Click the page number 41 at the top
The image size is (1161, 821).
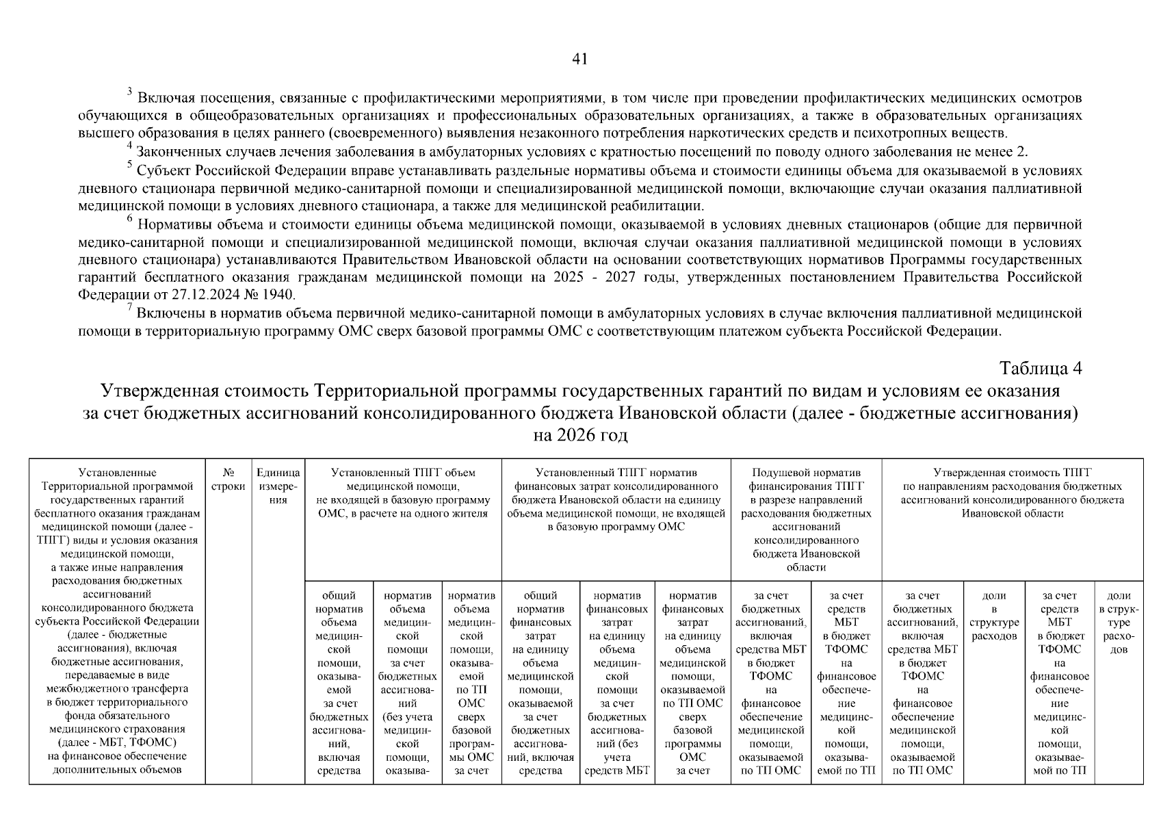click(x=579, y=60)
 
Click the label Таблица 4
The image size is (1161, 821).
click(x=1041, y=368)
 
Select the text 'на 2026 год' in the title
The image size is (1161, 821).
click(x=579, y=435)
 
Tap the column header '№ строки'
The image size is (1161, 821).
click(x=229, y=480)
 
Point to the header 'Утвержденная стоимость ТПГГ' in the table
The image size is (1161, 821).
click(x=1012, y=473)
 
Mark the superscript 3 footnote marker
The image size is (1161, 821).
click(x=129, y=92)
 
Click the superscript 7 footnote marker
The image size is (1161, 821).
click(x=129, y=308)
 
